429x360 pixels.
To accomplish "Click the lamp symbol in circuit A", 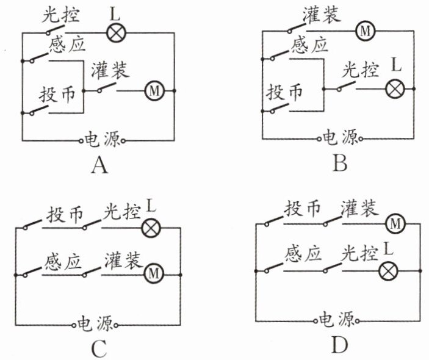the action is tap(116, 33).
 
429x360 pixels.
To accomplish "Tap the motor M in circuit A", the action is tap(154, 90).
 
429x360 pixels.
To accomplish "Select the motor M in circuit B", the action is tap(366, 31).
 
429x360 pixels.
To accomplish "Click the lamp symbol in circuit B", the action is tap(395, 89).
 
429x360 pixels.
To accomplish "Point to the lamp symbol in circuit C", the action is tap(151, 228).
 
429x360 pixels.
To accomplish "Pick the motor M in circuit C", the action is tap(154, 273).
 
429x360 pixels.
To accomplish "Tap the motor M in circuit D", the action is tap(395, 224).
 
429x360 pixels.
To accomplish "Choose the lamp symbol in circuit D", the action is tap(388, 271).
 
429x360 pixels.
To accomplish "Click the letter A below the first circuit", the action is tap(99, 166).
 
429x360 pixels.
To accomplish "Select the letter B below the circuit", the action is tap(340, 163).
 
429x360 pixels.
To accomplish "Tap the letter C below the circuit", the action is tap(99, 349).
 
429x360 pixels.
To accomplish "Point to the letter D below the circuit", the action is tap(339, 345).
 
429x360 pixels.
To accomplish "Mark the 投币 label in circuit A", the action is tap(57, 95).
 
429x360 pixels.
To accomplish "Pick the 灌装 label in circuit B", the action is tap(322, 13).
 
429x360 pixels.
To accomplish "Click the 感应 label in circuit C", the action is tap(63, 262).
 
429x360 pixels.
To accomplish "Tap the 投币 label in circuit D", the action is tap(302, 209).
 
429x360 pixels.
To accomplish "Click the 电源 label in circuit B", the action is tap(340, 138).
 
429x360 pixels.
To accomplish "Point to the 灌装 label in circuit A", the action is tap(110, 70).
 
